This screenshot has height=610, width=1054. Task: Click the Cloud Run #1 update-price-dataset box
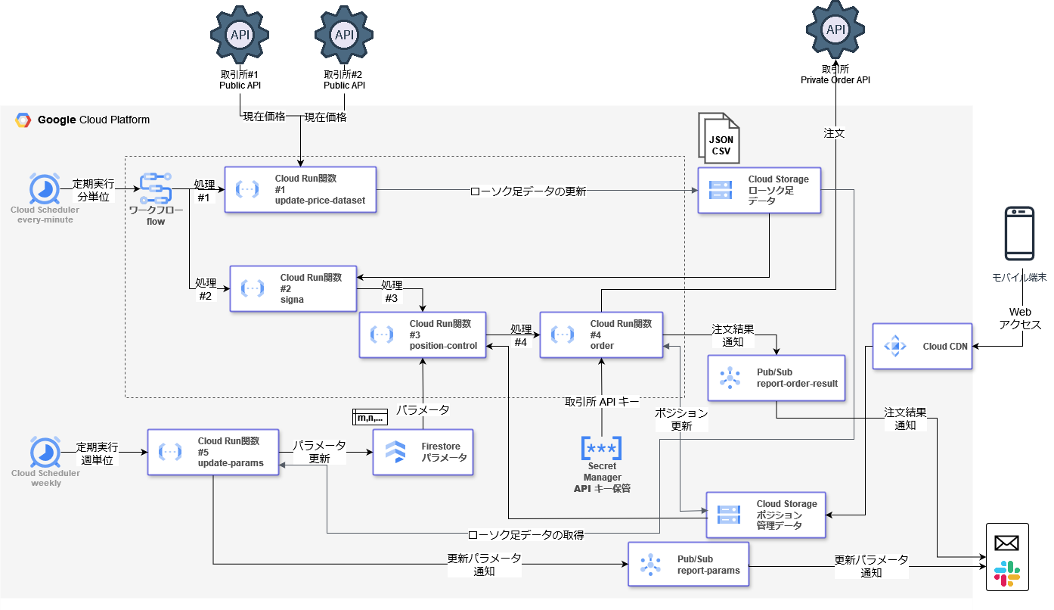point(300,190)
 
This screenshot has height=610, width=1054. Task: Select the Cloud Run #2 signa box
point(293,288)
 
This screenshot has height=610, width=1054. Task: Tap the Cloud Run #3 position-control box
point(423,335)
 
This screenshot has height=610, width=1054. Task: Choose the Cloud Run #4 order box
point(601,335)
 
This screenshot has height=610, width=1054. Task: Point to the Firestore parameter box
point(423,452)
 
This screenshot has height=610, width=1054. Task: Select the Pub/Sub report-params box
point(688,564)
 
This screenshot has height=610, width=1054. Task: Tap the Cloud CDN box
point(922,347)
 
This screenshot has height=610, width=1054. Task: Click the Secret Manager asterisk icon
point(601,448)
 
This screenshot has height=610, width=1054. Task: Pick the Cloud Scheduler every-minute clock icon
point(45,188)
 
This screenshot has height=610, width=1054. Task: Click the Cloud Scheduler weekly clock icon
point(45,452)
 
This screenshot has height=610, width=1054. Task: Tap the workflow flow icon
point(156,188)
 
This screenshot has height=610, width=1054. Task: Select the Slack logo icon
point(1006,574)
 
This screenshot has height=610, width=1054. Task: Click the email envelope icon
point(1006,543)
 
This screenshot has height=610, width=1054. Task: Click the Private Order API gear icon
point(835,30)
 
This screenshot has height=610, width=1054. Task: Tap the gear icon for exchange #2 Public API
point(344,35)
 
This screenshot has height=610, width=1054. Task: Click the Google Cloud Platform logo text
point(83,120)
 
